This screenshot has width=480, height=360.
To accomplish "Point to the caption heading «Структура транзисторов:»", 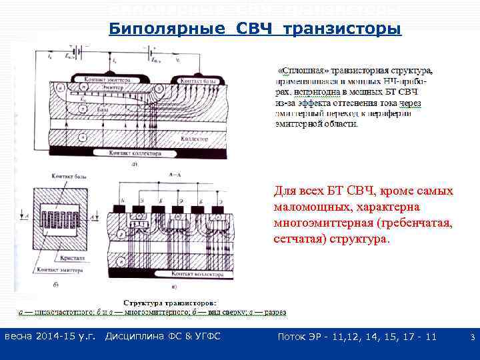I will (175, 302).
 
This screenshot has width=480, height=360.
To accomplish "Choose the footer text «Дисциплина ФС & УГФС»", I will (163, 337).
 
